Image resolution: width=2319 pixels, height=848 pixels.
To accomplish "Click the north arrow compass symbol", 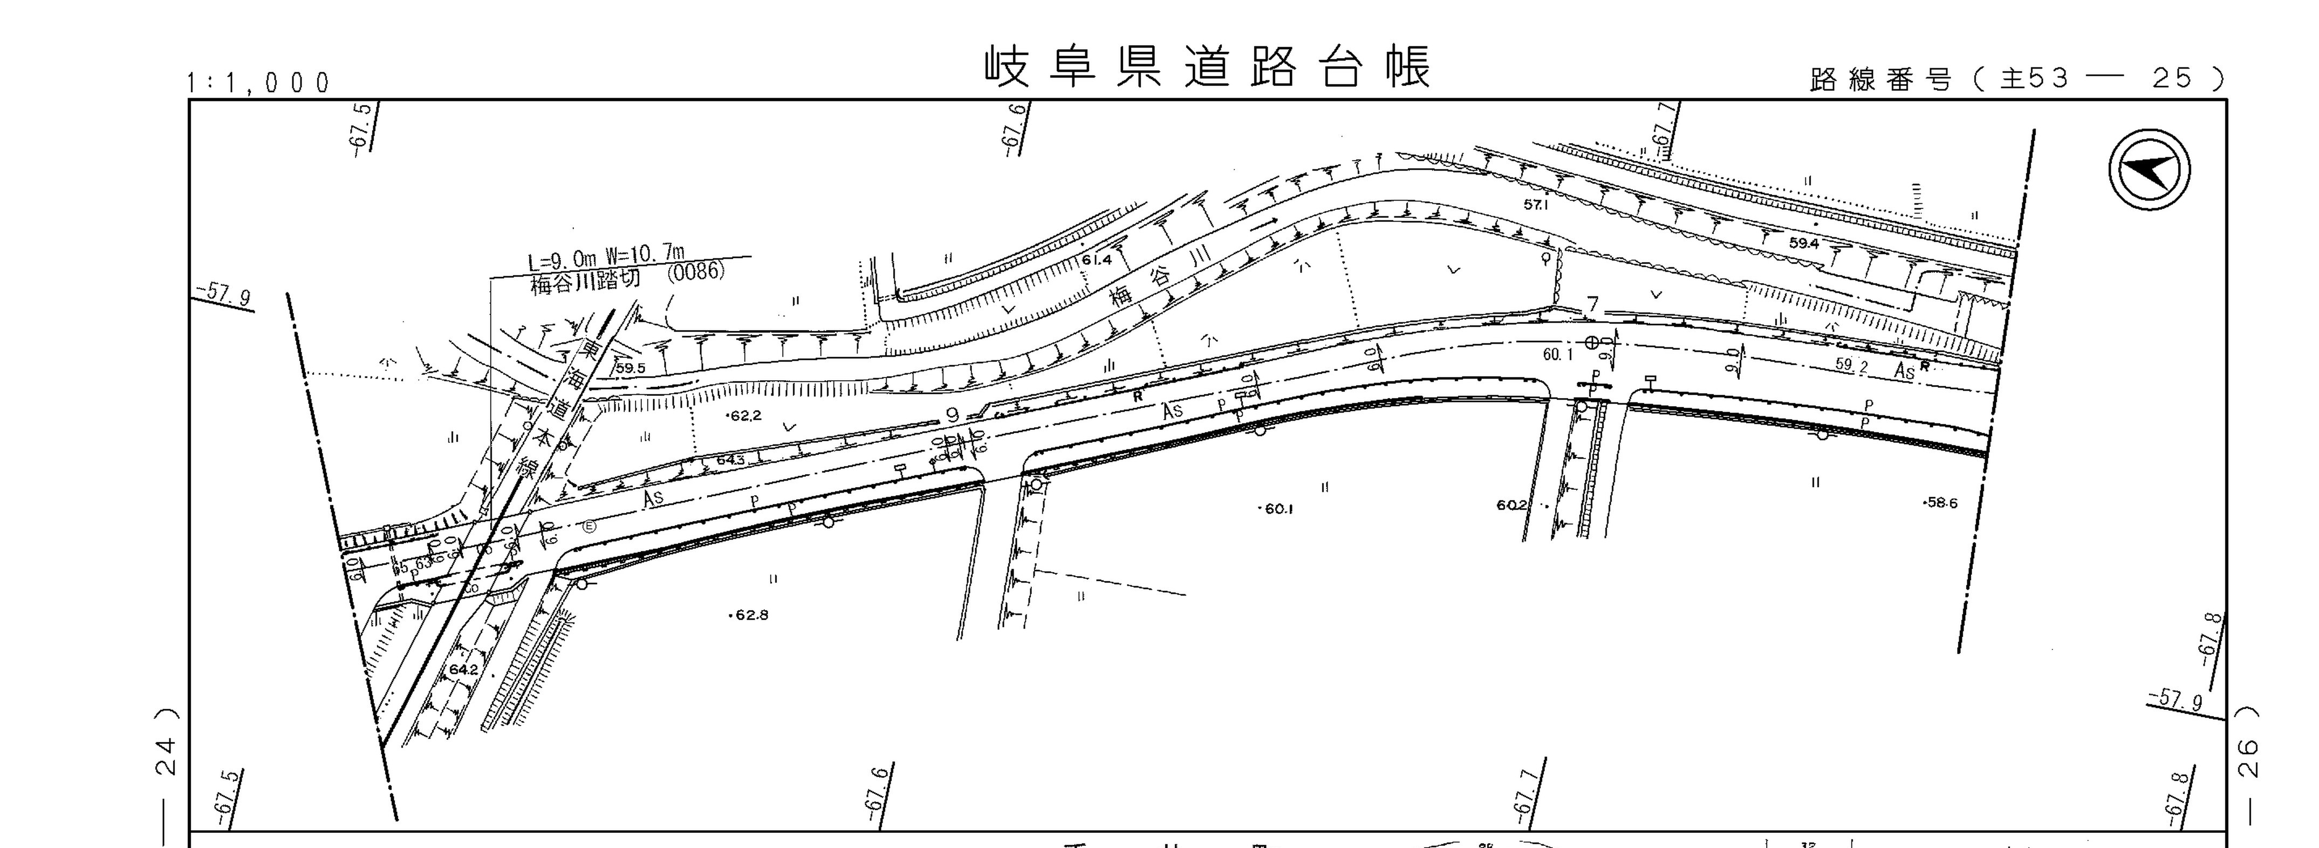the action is pos(2150,170).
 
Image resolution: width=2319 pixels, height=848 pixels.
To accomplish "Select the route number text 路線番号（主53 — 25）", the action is pos(2016,79).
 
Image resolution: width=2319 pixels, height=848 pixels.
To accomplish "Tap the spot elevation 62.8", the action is pos(750,616).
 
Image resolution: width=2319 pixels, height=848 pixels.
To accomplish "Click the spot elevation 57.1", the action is pos(1536,204).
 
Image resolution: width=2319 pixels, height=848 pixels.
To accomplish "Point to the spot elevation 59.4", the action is pos(1804,243).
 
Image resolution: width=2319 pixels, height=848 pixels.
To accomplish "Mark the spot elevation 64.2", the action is pos(463,670).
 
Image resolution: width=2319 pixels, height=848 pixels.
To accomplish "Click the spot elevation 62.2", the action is pos(745,416).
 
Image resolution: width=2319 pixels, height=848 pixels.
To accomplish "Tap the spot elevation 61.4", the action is pos(1097,260).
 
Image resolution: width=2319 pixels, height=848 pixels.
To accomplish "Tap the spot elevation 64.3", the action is pos(730,460).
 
